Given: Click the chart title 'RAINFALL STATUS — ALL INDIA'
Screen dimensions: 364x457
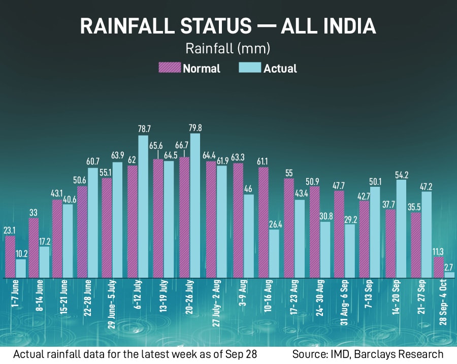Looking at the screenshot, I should pos(228,26).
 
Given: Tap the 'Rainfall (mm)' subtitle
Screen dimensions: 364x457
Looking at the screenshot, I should pos(227,49).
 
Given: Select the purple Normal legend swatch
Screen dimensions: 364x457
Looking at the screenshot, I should pos(170,68).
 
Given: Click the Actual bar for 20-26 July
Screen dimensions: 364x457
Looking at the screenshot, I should pos(194,206).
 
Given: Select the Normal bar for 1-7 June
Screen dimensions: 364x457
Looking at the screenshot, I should pos(10,257).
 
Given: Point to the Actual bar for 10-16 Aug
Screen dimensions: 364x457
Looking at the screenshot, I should pos(273,254).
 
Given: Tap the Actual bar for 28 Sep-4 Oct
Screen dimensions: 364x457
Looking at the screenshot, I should pos(449,275).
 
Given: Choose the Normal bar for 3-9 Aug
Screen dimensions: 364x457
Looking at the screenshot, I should pos(238,221).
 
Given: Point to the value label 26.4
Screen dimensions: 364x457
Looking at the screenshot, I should pos(273,224).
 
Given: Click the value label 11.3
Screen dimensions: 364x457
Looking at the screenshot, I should pos(438,251).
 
